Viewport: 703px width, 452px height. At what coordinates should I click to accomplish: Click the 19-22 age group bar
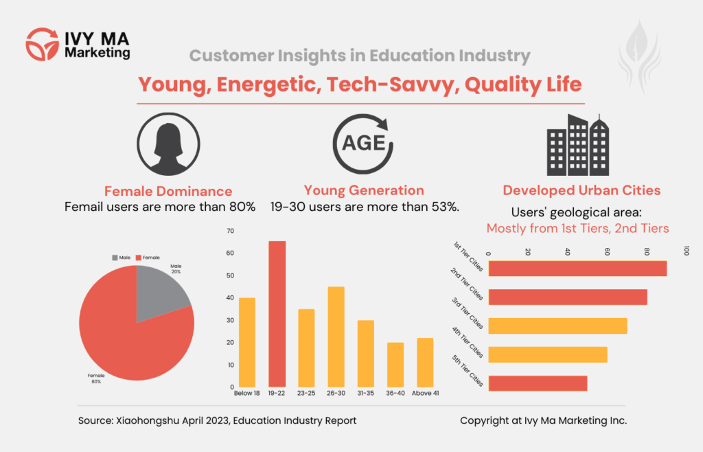(x=277, y=314)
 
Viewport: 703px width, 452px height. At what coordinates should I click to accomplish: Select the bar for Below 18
(x=246, y=342)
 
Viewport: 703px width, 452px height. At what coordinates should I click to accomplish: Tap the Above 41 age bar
(x=425, y=362)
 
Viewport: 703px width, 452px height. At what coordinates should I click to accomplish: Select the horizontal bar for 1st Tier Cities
(x=577, y=268)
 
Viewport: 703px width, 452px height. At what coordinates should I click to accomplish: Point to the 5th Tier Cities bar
(x=537, y=383)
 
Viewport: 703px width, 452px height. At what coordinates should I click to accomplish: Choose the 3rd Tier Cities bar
(x=557, y=326)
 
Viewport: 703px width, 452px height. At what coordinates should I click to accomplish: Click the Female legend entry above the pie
(x=148, y=257)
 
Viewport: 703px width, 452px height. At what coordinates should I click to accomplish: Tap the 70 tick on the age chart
(x=230, y=231)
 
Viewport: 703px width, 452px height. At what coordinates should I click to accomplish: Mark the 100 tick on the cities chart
(x=685, y=251)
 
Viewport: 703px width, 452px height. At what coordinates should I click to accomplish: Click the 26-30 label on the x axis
(x=336, y=394)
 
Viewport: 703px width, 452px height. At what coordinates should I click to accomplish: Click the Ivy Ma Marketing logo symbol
(x=42, y=43)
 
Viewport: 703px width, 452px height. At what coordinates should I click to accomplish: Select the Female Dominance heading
(x=168, y=191)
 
